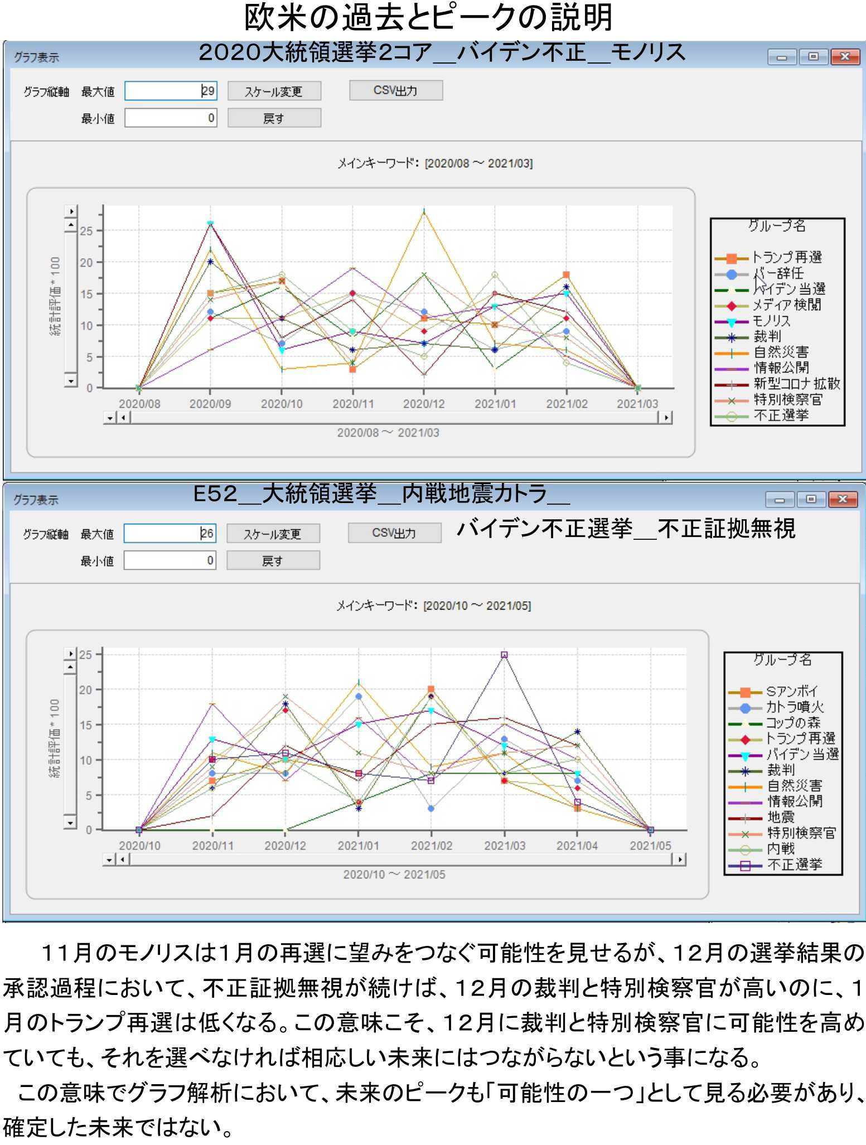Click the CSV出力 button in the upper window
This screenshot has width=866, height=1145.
coord(395,90)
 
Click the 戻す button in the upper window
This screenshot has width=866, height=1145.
coord(274,118)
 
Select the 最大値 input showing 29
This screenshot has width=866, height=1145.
coord(170,91)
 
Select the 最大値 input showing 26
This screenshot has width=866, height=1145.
coord(170,533)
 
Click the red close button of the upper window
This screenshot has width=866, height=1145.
coord(844,56)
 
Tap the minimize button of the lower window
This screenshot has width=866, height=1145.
coord(779,499)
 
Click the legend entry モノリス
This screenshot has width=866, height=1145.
coord(771,321)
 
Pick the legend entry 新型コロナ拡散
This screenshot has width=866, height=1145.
coord(796,384)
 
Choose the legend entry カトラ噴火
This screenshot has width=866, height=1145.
coord(794,707)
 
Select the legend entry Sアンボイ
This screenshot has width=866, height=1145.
coord(791,692)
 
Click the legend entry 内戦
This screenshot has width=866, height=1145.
coord(781,848)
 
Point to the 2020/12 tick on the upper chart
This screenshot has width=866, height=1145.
coord(424,404)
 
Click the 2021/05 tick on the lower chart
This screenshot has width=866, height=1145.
coord(650,846)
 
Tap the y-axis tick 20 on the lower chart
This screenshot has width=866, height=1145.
coord(85,690)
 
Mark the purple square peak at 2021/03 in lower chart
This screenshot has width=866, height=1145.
coord(504,655)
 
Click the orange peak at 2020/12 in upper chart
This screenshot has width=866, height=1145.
coord(424,212)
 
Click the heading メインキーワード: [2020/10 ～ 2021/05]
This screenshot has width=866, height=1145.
coord(433,606)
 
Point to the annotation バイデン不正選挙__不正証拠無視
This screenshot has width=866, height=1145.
coord(626,528)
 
